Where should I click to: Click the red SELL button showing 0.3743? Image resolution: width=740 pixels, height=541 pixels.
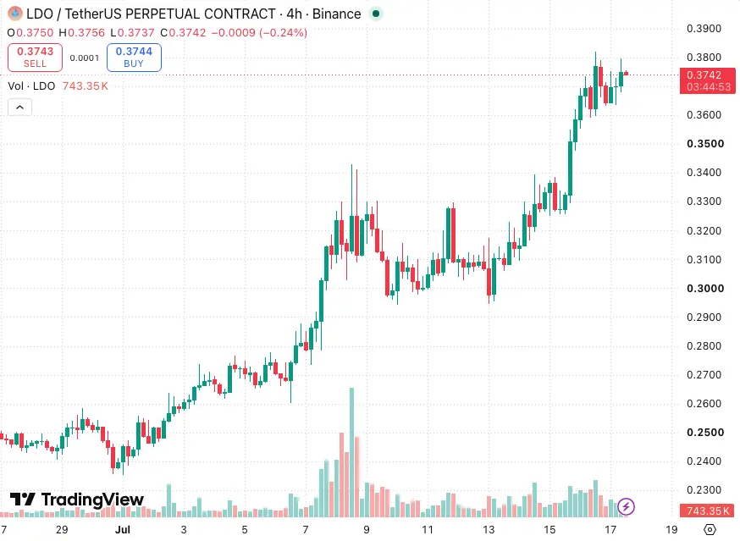[35, 58]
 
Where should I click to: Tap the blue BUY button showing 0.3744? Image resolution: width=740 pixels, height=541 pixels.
[134, 58]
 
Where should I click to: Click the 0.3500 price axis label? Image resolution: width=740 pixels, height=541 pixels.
[705, 144]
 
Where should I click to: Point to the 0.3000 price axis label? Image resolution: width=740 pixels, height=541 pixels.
[705, 289]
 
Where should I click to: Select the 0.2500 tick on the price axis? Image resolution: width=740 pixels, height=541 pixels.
[705, 433]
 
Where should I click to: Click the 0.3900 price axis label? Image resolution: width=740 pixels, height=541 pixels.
[704, 28]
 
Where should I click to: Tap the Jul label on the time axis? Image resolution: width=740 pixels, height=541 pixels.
[123, 530]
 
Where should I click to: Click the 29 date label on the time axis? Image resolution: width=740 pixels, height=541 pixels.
[62, 530]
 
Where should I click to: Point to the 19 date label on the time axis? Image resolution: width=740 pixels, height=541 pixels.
[671, 530]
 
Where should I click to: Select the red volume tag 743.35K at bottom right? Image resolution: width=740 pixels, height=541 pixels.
[708, 511]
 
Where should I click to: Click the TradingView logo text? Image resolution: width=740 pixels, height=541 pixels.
[92, 500]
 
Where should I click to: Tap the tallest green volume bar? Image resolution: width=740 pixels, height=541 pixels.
[351, 452]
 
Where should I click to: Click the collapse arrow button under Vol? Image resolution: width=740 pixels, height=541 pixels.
[19, 108]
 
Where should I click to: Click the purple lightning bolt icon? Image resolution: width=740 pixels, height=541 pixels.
[626, 507]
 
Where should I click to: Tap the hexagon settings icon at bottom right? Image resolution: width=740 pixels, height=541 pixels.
[710, 530]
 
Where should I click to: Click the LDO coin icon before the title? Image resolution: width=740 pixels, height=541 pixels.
[15, 14]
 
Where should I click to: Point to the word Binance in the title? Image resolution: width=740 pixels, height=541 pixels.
[336, 14]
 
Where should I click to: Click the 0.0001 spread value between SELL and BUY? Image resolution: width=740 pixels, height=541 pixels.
[85, 58]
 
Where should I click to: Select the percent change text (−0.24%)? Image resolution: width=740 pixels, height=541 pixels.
[283, 32]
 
